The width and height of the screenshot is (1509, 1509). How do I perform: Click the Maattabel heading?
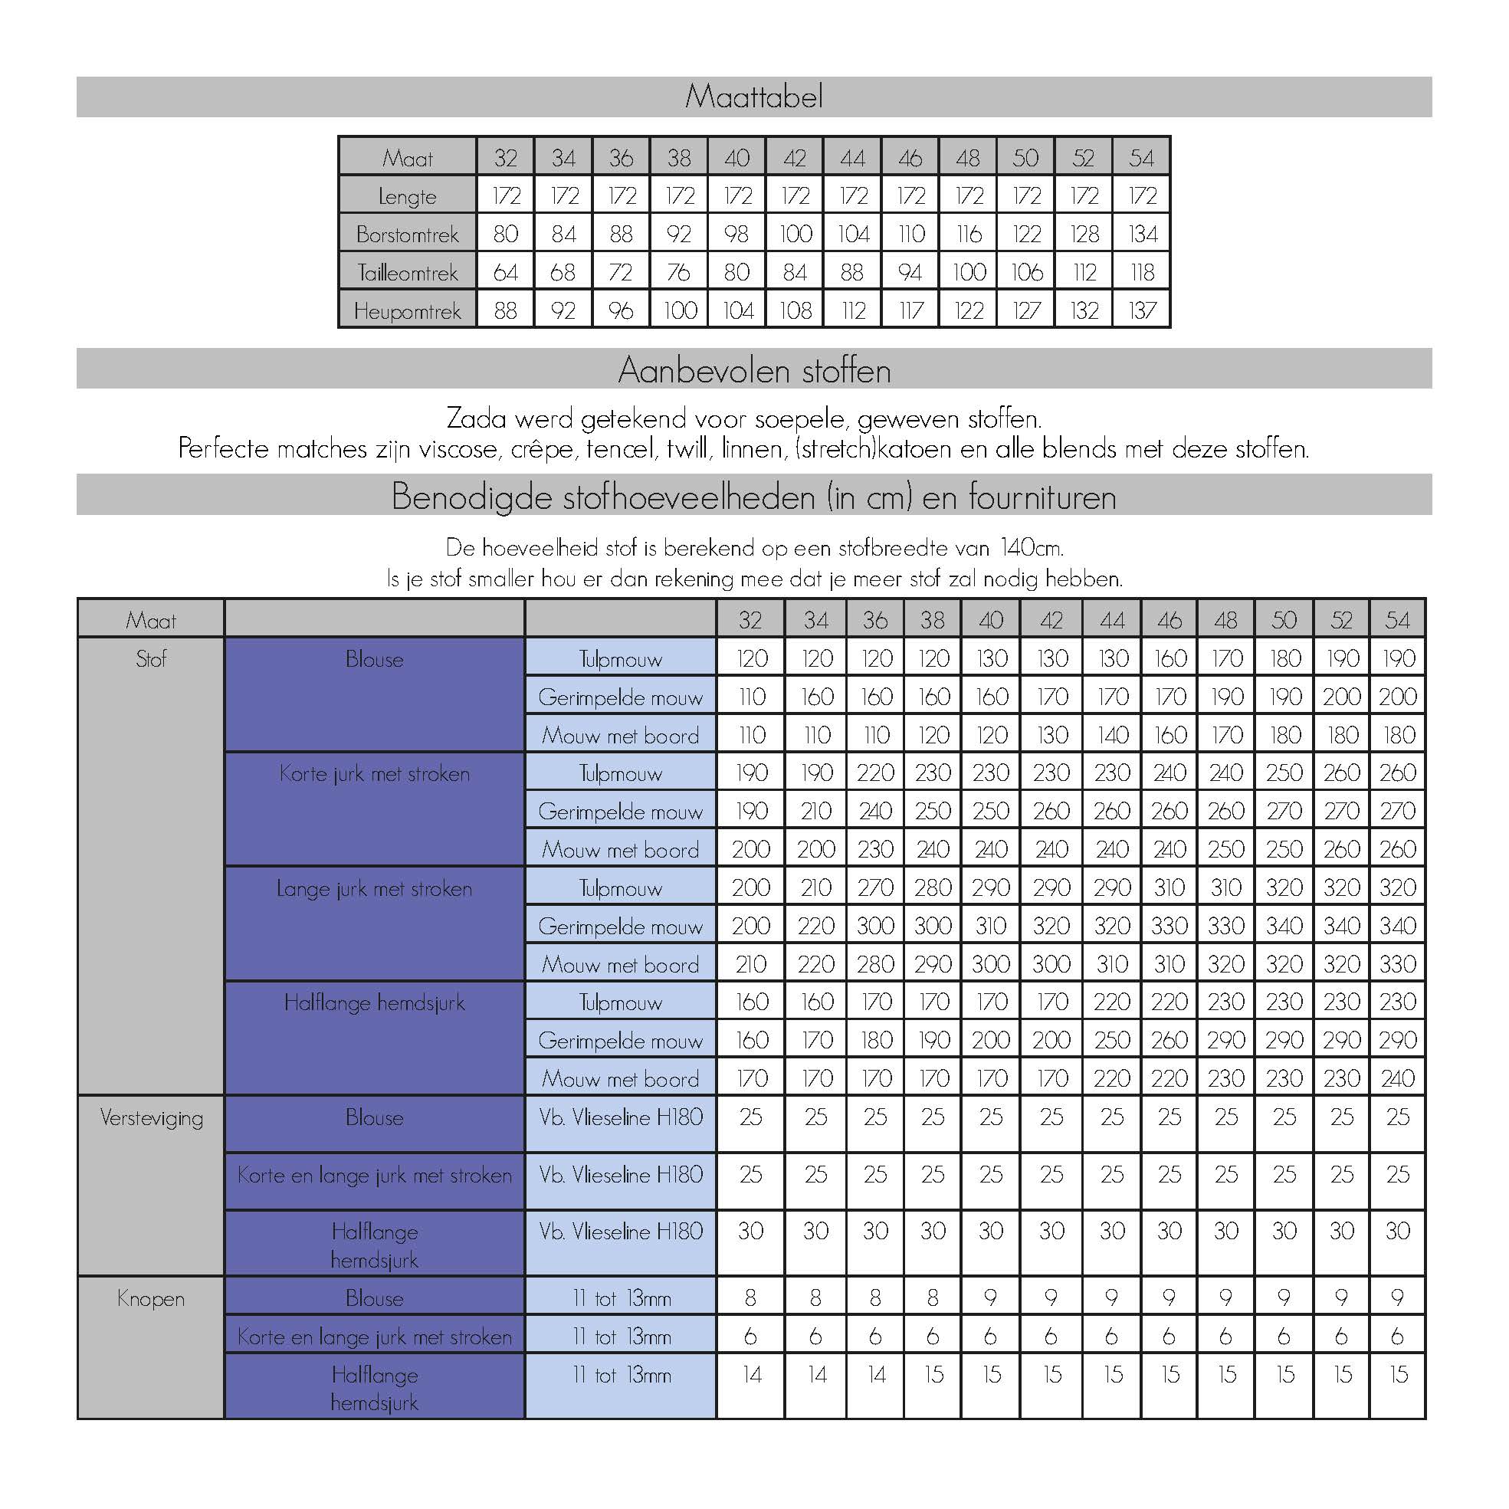[753, 97]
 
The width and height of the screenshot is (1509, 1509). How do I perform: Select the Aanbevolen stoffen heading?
[753, 369]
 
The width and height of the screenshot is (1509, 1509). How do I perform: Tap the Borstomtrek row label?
[407, 234]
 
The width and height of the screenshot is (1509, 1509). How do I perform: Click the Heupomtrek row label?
[407, 311]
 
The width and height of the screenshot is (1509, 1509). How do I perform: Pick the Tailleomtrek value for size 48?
[969, 272]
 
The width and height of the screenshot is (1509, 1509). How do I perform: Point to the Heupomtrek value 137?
[1142, 311]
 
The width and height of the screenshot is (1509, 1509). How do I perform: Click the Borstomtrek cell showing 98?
[736, 234]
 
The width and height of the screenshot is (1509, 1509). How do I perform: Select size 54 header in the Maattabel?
[1142, 158]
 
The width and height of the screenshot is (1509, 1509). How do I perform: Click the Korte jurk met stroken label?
[374, 774]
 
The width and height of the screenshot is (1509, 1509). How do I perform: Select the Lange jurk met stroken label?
[374, 889]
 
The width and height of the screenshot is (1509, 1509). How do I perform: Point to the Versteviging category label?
[151, 1117]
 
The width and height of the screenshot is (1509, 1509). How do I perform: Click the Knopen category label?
[151, 1299]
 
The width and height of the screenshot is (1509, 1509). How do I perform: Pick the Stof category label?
[151, 659]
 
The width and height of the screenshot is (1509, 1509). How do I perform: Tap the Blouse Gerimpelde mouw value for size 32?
[751, 697]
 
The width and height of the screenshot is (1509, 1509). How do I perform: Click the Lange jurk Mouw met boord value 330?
[1397, 965]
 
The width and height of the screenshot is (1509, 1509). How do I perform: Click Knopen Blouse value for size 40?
[990, 1298]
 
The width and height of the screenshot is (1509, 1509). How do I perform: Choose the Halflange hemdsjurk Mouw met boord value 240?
[1397, 1078]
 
